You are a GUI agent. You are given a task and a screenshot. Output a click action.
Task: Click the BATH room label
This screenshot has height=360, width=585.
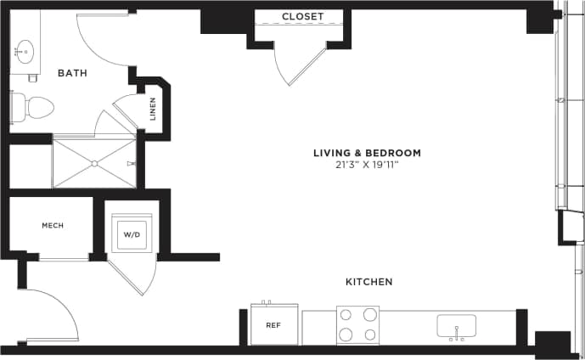coord(72,73)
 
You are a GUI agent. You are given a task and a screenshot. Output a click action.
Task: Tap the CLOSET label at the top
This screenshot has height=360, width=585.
coord(303,16)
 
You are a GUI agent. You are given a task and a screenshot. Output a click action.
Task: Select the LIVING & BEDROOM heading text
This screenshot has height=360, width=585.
coord(367,153)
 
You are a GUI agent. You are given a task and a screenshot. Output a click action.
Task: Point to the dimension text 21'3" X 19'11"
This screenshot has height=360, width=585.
coord(367,165)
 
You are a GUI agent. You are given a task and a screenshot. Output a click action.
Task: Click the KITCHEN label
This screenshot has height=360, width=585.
coord(368,281)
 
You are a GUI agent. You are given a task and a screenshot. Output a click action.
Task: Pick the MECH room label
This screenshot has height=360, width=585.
coord(53,225)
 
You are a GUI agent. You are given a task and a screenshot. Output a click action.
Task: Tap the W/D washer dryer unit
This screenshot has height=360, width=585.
coord(132,233)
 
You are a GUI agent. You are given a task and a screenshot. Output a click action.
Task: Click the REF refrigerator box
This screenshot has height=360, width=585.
coord(273,324)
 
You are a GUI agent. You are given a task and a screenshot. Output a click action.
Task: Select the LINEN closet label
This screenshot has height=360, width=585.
coord(154,110)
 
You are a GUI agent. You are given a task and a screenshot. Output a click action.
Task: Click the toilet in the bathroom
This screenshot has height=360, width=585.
coord(34,107)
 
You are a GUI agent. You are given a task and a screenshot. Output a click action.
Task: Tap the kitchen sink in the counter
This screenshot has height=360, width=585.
coord(456,326)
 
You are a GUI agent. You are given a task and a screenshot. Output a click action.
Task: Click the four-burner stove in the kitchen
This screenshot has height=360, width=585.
coord(357,324)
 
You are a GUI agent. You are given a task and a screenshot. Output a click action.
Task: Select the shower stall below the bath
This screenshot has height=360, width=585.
coord(93,161)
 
